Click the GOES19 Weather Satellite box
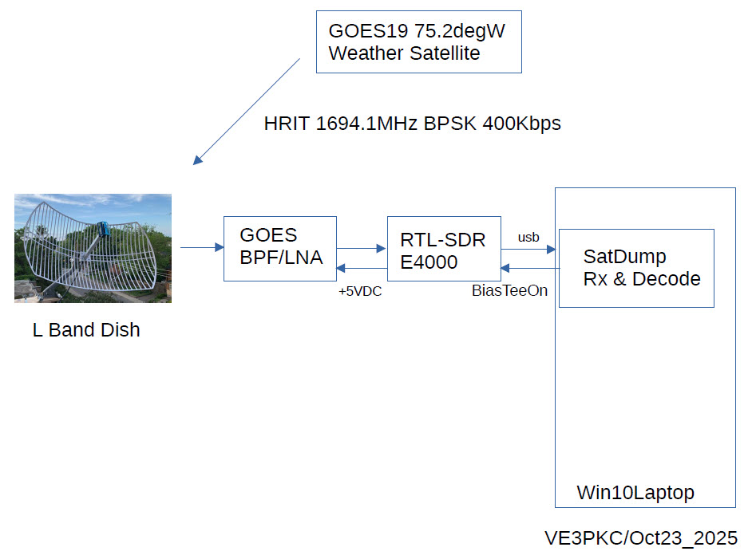(418, 42)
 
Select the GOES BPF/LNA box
(279, 248)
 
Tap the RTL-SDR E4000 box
(444, 248)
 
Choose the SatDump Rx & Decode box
(635, 268)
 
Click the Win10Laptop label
(635, 493)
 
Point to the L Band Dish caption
(86, 330)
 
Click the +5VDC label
(360, 292)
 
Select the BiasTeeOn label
(509, 291)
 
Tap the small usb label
(528, 237)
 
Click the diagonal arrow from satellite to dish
(247, 111)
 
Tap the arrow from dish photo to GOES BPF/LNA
(202, 248)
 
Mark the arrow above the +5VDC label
(360, 269)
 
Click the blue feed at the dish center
(104, 230)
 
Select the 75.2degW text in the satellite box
(458, 33)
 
